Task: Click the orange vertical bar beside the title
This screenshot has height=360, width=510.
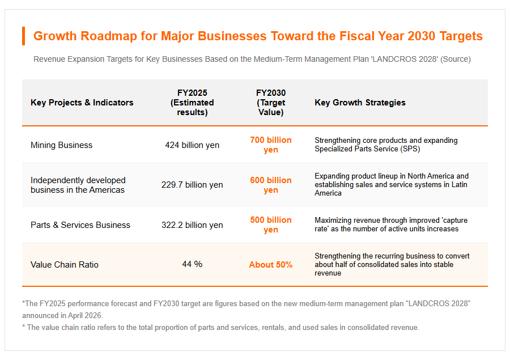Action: (23, 36)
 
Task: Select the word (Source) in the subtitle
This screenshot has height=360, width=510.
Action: (456, 59)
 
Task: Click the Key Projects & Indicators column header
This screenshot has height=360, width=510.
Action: (82, 103)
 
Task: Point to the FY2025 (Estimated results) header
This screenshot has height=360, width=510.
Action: (192, 103)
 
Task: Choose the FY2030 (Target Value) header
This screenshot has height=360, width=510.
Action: (271, 103)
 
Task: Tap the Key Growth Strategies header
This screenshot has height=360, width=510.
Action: (360, 103)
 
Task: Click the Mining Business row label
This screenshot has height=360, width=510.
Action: (61, 145)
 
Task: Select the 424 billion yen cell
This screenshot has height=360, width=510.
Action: (192, 145)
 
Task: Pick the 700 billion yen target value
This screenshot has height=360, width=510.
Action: (271, 145)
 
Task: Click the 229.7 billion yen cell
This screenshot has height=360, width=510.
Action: (192, 185)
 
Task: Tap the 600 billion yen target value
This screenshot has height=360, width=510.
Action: (271, 185)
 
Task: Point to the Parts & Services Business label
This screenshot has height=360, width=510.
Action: (80, 225)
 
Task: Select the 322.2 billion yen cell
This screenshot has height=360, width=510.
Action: (192, 225)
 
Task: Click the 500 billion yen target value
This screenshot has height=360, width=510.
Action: (271, 225)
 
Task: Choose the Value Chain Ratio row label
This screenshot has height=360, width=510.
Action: (65, 265)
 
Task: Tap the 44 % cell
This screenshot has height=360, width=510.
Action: (192, 264)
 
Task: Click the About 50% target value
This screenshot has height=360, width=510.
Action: (271, 265)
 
